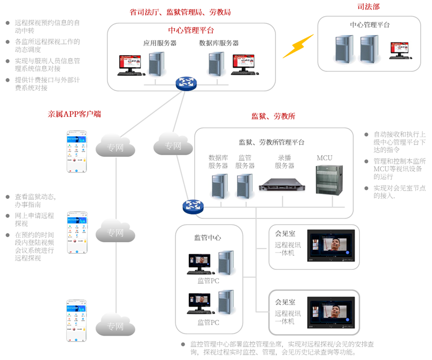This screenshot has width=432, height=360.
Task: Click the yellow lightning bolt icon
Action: click(x=298, y=46)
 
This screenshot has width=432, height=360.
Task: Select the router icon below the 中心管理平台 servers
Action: click(x=186, y=83)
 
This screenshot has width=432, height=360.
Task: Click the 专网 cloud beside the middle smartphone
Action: click(x=115, y=234)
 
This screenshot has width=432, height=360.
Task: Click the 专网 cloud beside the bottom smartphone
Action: click(x=115, y=326)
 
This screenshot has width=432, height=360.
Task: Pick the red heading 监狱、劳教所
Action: click(x=273, y=116)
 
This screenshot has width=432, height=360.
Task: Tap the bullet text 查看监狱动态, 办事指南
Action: click(x=35, y=201)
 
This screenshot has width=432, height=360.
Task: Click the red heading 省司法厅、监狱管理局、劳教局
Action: click(x=180, y=11)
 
